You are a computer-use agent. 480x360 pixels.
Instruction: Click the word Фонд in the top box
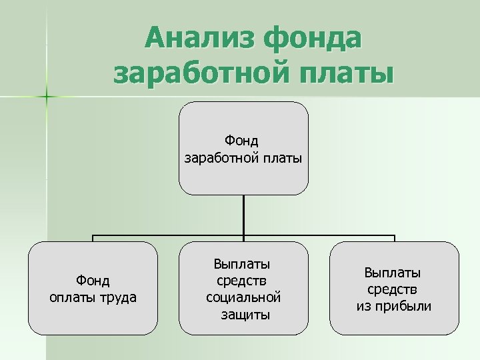coord(242,141)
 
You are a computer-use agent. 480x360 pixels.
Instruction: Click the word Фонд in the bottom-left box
coord(93,281)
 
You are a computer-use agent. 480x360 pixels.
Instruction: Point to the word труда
coord(119,297)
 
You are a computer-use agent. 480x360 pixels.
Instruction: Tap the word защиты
coord(245,314)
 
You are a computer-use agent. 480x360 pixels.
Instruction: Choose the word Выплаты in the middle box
coord(242,264)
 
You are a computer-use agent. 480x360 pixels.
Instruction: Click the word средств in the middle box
coord(242,281)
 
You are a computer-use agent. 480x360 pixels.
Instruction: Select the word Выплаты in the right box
coord(393,273)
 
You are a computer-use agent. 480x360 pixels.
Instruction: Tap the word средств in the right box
coord(393,289)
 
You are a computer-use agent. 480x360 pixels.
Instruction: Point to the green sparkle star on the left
coord(47,97)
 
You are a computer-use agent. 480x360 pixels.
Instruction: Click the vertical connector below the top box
coord(243,215)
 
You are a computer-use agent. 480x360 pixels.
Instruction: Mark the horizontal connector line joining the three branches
coord(167,236)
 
